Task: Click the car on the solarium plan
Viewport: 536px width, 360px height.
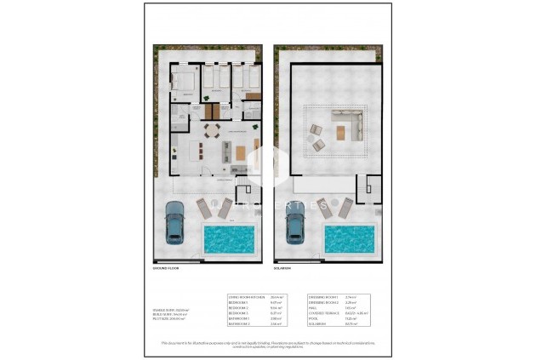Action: pyautogui.click(x=295, y=225)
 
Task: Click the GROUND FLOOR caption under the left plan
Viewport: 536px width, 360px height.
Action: pyautogui.click(x=167, y=268)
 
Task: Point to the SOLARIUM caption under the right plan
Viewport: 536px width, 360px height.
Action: pyautogui.click(x=282, y=268)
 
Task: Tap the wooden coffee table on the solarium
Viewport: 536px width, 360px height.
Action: pyautogui.click(x=344, y=132)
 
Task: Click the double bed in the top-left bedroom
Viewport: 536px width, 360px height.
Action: pyautogui.click(x=182, y=83)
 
